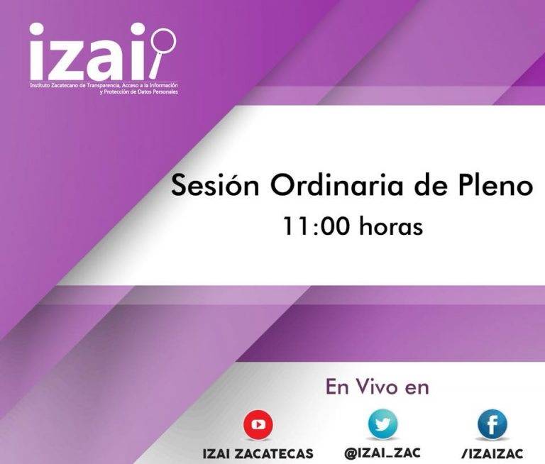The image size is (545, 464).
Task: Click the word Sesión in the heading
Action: [x=215, y=185]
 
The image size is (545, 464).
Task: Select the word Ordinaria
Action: [x=336, y=185]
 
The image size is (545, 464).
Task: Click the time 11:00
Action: [x=316, y=226]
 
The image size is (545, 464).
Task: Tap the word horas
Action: [x=391, y=226]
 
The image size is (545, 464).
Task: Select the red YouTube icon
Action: [x=258, y=425]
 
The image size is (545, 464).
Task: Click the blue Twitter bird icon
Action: [x=382, y=424]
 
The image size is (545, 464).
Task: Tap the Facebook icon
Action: [x=492, y=425]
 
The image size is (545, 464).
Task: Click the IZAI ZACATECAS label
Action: [x=258, y=453]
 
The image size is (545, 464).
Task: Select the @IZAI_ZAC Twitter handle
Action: [x=382, y=453]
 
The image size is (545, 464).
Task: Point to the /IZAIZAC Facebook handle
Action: [x=492, y=453]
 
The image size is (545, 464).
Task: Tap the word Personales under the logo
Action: [x=165, y=92]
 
